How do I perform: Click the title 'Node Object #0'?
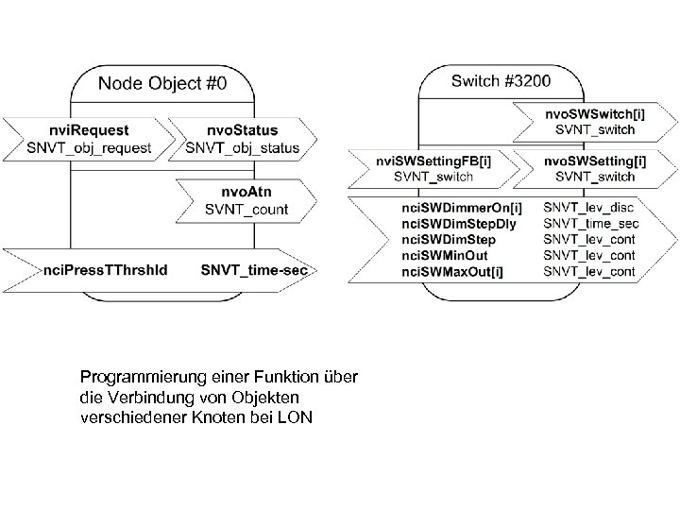coord(176,83)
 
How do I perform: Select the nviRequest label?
coord(92,130)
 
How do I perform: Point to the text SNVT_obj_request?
coord(91,147)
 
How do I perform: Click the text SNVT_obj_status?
coord(243,147)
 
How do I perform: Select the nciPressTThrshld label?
coord(107,270)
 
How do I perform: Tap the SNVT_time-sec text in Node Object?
coord(254,270)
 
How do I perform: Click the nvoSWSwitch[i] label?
coord(595,112)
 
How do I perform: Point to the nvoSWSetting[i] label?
coord(594,161)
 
